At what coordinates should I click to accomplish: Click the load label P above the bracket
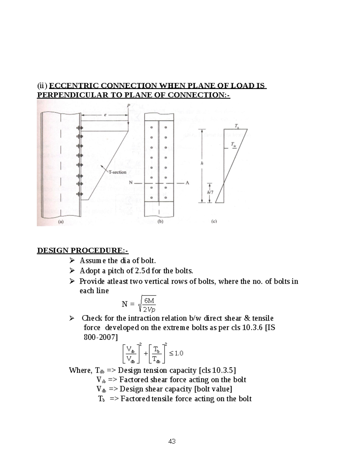point(128,106)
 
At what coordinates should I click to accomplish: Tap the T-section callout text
point(117,172)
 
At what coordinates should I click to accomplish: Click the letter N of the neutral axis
point(130,183)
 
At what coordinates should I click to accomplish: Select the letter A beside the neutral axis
point(187,183)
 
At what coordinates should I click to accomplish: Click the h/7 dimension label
point(210,192)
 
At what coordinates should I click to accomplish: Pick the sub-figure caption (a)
point(61,222)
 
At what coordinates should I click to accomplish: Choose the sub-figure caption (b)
point(160,222)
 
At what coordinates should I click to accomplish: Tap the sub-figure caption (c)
point(214,222)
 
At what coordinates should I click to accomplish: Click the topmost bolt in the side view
point(79,128)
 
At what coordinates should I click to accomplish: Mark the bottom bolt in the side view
point(79,194)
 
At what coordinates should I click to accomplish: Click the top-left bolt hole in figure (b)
point(152,127)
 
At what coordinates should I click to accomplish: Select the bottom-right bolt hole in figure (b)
point(166,198)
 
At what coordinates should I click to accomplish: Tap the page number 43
point(172,441)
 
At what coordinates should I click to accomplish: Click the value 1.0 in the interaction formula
point(178,353)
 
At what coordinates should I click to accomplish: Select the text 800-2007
point(100,337)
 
